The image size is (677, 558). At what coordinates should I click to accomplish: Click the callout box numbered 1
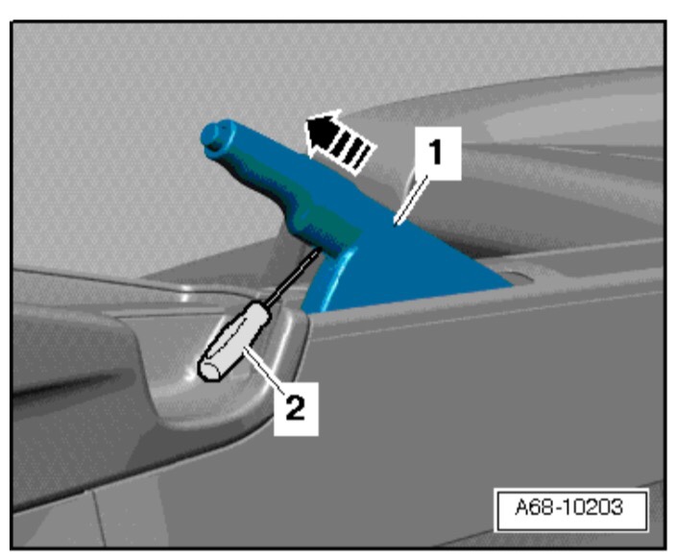[x=437, y=153]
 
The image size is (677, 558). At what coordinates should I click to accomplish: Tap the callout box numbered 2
[x=296, y=408]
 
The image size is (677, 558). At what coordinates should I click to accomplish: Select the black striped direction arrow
[x=338, y=141]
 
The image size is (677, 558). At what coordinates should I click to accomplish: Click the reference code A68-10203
[x=569, y=507]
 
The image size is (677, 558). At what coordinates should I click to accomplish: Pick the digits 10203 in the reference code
[x=593, y=507]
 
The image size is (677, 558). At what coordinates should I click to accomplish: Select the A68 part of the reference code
[x=535, y=507]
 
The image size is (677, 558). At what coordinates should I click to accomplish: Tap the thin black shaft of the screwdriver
[x=295, y=277]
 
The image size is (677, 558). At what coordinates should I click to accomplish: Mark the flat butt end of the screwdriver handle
[x=209, y=371]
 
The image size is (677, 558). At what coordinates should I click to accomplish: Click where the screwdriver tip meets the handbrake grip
[x=323, y=250]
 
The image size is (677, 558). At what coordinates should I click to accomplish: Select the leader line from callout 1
[x=412, y=200]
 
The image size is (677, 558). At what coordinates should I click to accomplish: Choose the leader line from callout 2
[x=263, y=370]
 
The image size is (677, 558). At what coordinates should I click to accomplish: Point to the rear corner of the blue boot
[x=512, y=285]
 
